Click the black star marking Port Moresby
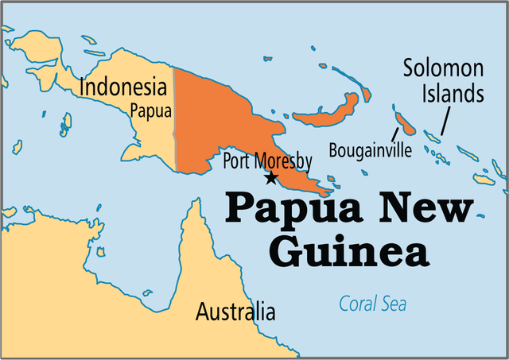271,178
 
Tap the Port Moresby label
267,161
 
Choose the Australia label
235,311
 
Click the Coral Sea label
372,304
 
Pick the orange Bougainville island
405,124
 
